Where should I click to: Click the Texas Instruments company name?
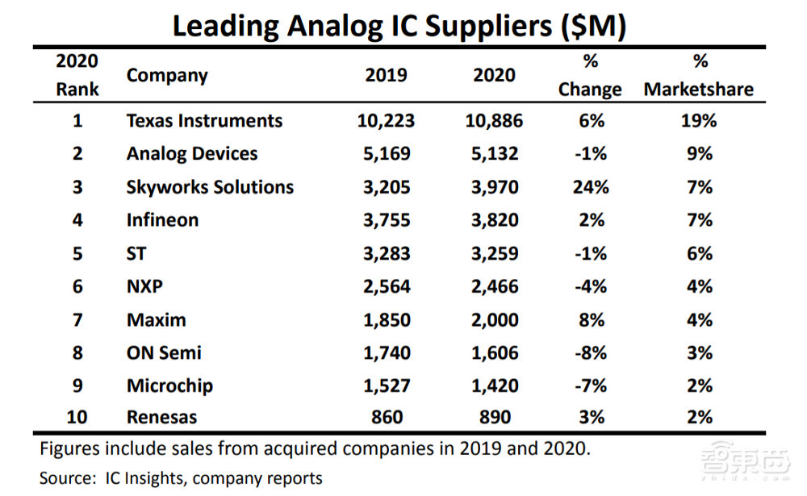pos(204,121)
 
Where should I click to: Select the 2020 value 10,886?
pos(494,121)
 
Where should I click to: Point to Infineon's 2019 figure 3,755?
pos(386,220)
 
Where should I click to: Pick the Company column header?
pos(167,76)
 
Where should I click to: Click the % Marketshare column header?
pos(699,76)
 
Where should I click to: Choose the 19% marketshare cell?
pos(699,121)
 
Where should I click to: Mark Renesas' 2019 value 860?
pos(387,418)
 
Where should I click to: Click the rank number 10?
pos(77,418)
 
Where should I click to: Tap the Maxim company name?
pos(156,319)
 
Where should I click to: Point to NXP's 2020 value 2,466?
pos(494,286)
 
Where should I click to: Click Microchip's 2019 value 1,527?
pos(386,386)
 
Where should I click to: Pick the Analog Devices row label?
pos(192,154)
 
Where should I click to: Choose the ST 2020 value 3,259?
pos(494,253)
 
